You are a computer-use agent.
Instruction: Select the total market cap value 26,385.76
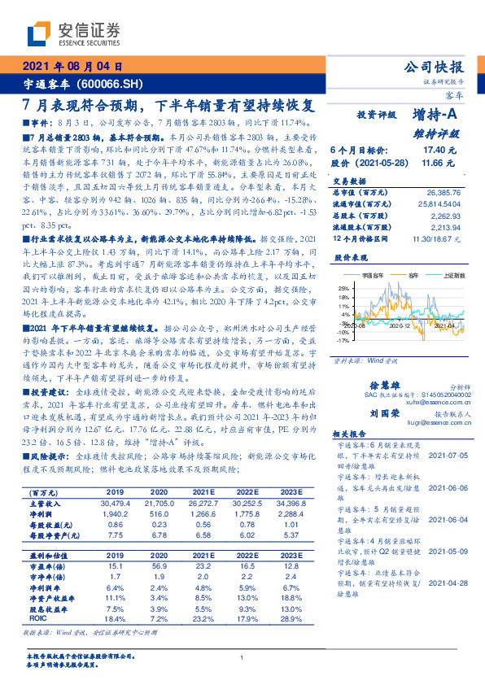coord(443,191)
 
